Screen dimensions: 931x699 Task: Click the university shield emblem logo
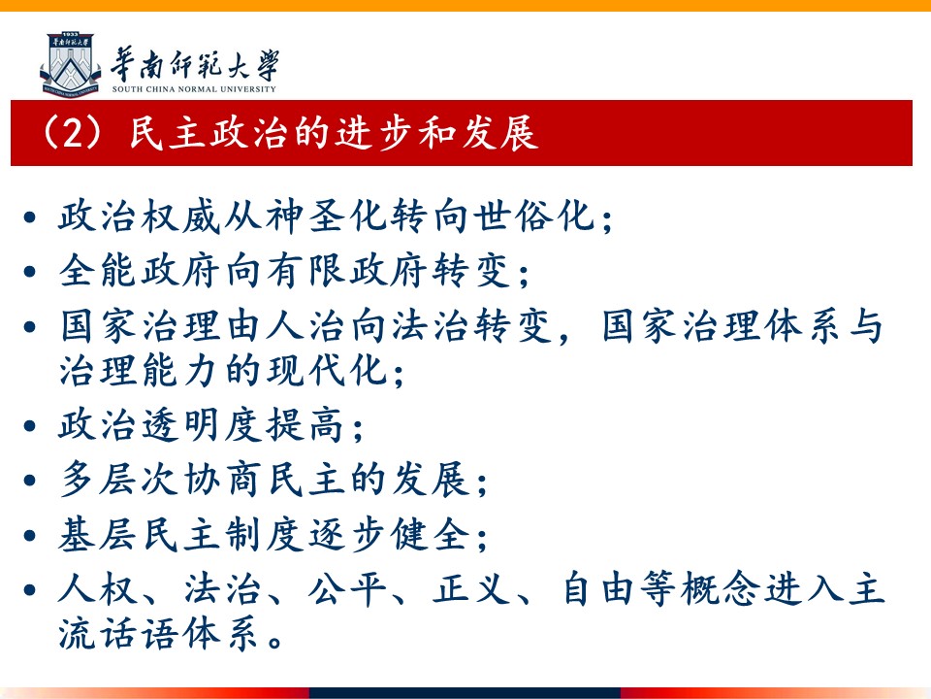(x=71, y=64)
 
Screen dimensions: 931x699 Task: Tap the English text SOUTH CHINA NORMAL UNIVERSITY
(x=194, y=89)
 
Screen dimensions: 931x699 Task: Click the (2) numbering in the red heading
(x=74, y=133)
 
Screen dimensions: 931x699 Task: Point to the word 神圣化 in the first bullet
(x=327, y=216)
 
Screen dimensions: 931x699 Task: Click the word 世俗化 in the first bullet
(x=533, y=216)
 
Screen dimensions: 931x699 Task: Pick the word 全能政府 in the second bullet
(x=140, y=271)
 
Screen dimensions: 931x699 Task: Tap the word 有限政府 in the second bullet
(x=347, y=271)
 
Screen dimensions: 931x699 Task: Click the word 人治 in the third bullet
(x=305, y=326)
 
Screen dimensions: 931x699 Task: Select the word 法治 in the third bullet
(x=431, y=326)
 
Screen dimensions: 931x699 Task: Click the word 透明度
(x=203, y=425)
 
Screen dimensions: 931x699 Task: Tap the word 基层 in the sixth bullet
(x=99, y=534)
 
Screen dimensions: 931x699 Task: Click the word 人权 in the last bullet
(x=99, y=589)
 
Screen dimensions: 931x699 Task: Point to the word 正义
(x=472, y=589)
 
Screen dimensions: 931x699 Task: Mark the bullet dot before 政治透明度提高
(x=30, y=426)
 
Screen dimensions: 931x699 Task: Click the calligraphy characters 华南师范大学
(x=194, y=64)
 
